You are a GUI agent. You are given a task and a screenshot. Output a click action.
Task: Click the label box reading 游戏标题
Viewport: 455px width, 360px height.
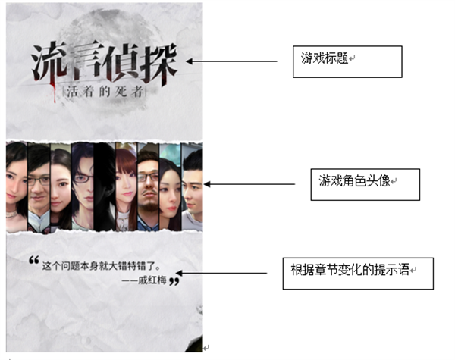tap(347, 61)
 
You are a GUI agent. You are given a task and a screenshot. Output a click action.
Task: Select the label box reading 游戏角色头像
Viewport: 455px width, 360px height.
tap(365, 183)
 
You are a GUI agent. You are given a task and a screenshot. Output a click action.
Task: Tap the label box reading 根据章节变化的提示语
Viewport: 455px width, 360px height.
tap(356, 271)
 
